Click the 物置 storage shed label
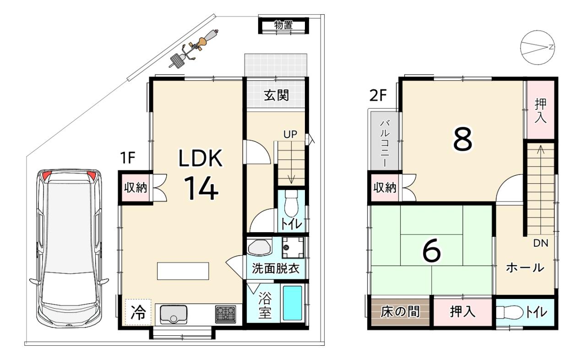click(283, 25)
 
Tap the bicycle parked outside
click(194, 49)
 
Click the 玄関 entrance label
click(276, 95)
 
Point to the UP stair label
click(290, 135)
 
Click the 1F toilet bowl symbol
click(291, 203)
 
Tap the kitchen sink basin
click(174, 314)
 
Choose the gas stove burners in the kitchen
click(226, 314)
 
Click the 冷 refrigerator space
click(138, 312)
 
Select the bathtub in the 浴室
click(293, 303)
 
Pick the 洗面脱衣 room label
click(276, 269)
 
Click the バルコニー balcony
click(384, 141)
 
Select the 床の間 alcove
click(400, 312)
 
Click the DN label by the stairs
click(541, 243)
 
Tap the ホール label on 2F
click(525, 268)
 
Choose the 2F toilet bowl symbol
click(510, 312)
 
